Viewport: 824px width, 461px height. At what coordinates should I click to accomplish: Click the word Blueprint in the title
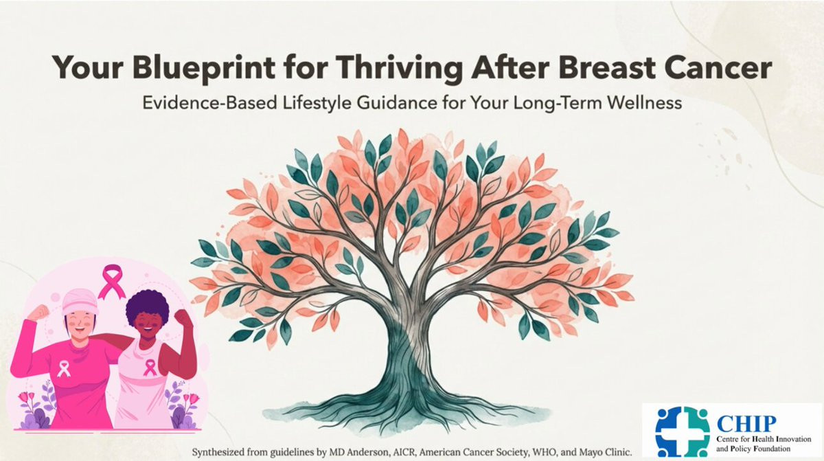[x=204, y=68]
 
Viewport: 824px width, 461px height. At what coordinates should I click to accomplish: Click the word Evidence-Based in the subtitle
[x=209, y=102]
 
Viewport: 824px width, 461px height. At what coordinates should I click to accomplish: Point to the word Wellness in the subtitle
[x=644, y=102]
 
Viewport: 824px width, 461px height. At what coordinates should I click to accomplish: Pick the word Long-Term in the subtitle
[x=556, y=103]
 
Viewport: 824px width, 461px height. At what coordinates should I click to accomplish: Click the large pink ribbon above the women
[x=112, y=281]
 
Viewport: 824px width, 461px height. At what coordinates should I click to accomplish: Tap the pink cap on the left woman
[x=80, y=302]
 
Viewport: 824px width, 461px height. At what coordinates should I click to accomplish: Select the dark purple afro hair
[x=147, y=306]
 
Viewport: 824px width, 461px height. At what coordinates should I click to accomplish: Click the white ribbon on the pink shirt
[x=64, y=369]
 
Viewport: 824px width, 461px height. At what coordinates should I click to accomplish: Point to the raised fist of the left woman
[x=38, y=313]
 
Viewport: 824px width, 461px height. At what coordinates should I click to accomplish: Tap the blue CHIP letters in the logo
[x=746, y=423]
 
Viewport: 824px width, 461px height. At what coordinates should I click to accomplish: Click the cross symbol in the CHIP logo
[x=683, y=432]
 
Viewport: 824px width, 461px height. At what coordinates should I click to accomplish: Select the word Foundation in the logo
[x=772, y=449]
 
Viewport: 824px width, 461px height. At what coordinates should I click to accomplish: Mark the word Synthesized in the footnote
[x=217, y=452]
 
